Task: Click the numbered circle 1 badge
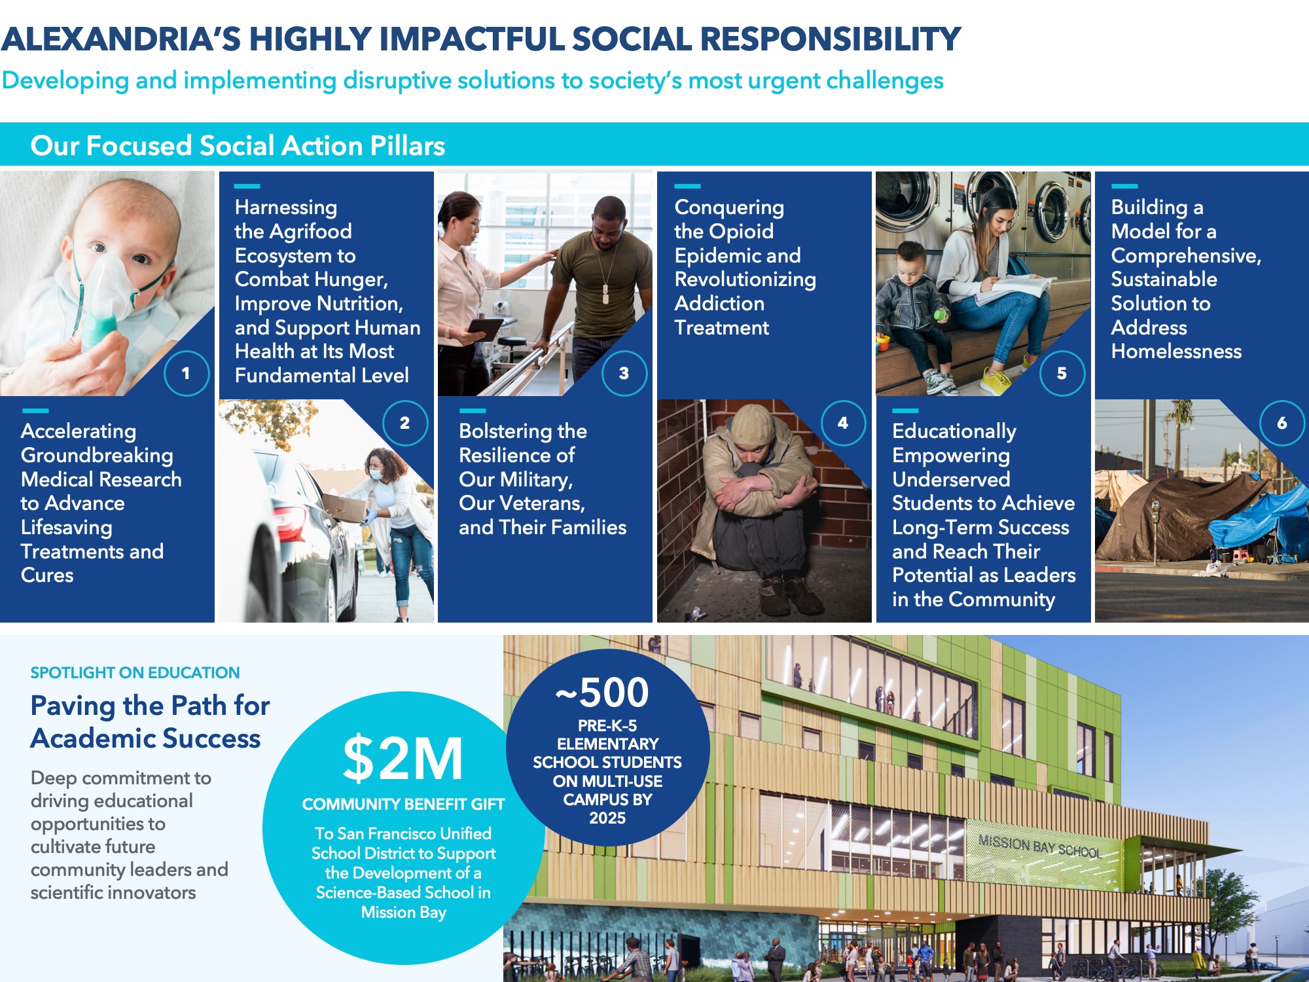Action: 186,373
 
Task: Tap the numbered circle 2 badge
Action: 405,423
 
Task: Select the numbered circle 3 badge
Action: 624,373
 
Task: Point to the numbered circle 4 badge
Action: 843,423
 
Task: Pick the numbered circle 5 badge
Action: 1062,373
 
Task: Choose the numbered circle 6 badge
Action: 1282,423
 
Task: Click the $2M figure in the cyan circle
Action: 403,759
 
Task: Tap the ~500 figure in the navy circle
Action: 602,693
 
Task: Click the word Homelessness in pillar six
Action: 1176,352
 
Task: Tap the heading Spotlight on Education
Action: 135,672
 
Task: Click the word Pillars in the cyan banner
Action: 407,145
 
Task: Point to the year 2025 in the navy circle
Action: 607,818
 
